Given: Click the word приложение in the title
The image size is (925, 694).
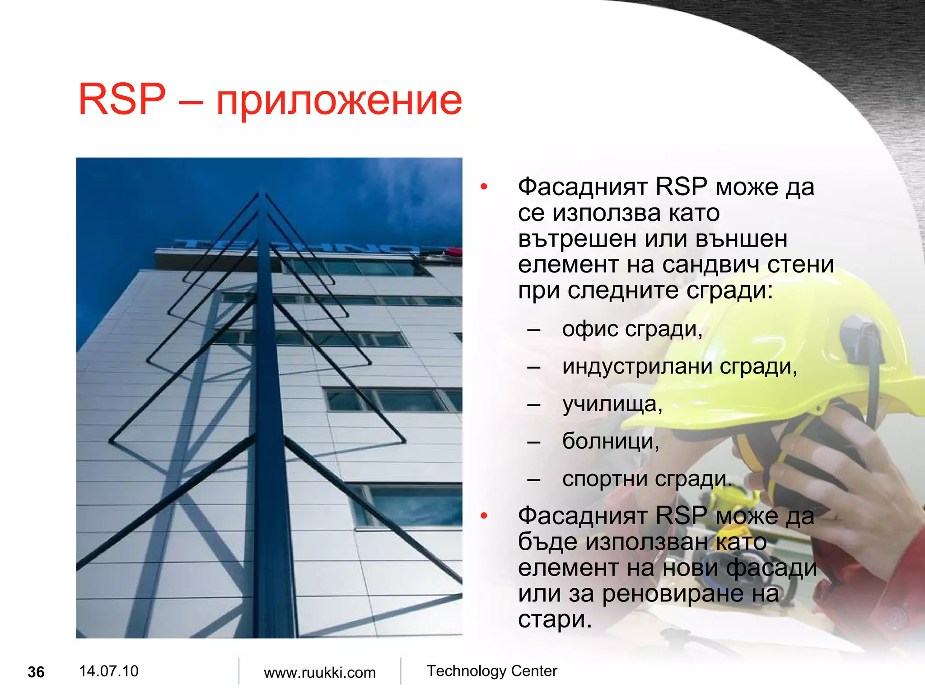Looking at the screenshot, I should pyautogui.click(x=339, y=100).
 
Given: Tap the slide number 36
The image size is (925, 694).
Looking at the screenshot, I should pyautogui.click(x=36, y=672).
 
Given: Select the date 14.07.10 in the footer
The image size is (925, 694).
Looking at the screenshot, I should pyautogui.click(x=108, y=671).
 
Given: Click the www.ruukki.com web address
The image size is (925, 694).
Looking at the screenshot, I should pyautogui.click(x=320, y=672).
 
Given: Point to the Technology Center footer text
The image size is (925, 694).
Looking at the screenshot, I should pyautogui.click(x=492, y=671).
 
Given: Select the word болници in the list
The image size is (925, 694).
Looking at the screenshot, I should pyautogui.click(x=609, y=441).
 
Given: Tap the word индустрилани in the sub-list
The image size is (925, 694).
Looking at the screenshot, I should pyautogui.click(x=637, y=366).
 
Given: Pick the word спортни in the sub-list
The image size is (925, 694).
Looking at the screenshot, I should pyautogui.click(x=605, y=479).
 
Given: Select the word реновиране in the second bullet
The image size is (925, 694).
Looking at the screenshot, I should pyautogui.click(x=673, y=593).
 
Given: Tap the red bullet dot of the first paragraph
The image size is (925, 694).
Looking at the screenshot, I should pyautogui.click(x=484, y=187).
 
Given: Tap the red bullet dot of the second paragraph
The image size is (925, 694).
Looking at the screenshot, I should pyautogui.click(x=484, y=516).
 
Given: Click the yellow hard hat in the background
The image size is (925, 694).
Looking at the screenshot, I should pyautogui.click(x=768, y=361).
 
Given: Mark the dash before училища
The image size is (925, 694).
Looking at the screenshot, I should pyautogui.click(x=534, y=404).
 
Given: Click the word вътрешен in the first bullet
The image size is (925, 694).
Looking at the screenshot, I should pyautogui.click(x=578, y=239).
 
